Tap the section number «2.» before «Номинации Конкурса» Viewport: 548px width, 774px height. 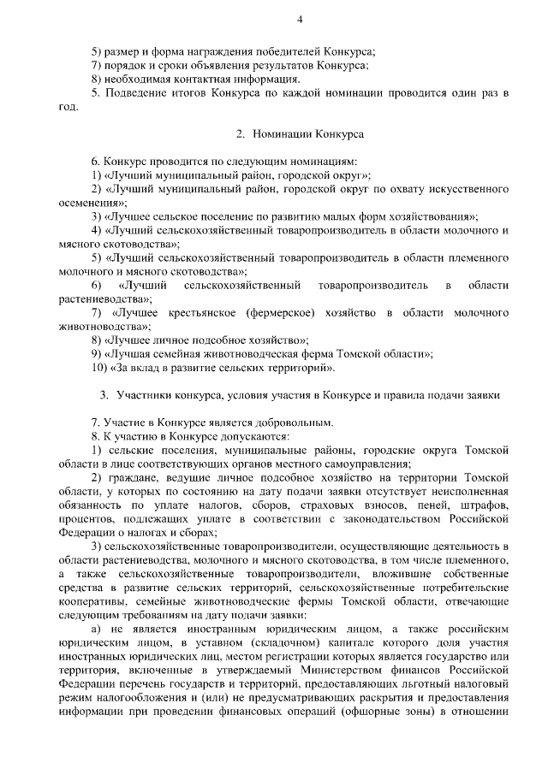coord(241,134)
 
